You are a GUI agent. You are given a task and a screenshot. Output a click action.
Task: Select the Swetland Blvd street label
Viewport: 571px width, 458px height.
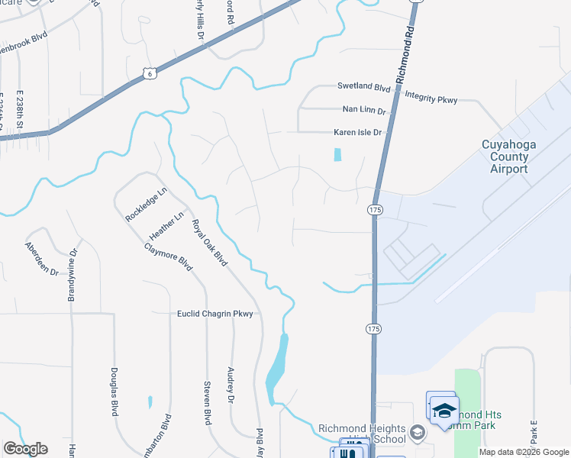364,89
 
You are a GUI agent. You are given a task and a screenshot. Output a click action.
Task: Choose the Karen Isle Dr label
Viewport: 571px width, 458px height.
357,133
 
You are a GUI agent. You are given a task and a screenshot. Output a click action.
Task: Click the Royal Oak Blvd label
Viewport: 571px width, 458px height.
210,243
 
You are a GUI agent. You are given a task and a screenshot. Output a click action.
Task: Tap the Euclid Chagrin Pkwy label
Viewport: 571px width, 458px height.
215,314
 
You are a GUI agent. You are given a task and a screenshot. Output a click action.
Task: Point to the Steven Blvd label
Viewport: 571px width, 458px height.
206,402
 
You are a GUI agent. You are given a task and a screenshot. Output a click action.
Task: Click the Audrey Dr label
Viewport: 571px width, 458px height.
230,385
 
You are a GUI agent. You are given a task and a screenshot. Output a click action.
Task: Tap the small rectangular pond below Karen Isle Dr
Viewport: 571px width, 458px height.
337,154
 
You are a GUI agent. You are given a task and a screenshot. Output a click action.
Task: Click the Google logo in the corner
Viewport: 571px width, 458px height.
25,449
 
